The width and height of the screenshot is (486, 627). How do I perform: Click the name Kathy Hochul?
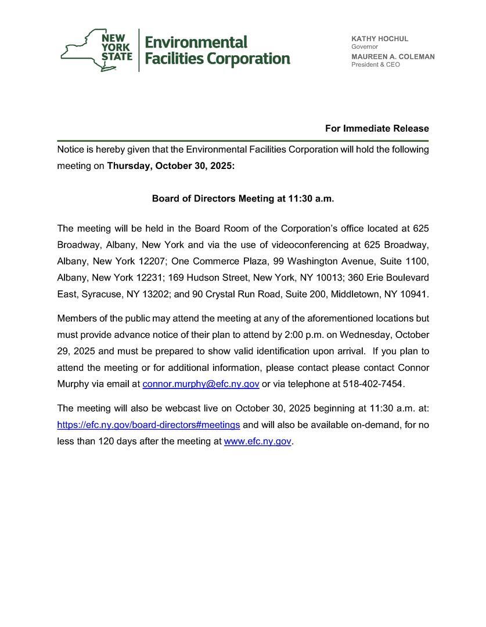click(380, 39)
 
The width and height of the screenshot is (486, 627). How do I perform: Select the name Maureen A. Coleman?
click(393, 57)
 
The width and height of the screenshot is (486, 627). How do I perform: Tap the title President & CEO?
click(375, 64)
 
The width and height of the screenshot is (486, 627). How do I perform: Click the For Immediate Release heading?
click(377, 128)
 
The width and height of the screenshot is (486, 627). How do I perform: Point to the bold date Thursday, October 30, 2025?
click(171, 165)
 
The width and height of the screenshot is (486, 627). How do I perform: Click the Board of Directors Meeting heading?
click(243, 199)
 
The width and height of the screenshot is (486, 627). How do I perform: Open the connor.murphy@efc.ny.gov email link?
click(201, 384)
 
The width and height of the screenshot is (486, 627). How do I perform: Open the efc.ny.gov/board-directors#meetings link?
click(149, 425)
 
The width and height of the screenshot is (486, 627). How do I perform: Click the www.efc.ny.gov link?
click(257, 441)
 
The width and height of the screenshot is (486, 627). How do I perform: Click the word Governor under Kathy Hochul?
click(365, 46)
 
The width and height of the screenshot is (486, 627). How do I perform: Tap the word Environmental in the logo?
click(196, 42)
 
